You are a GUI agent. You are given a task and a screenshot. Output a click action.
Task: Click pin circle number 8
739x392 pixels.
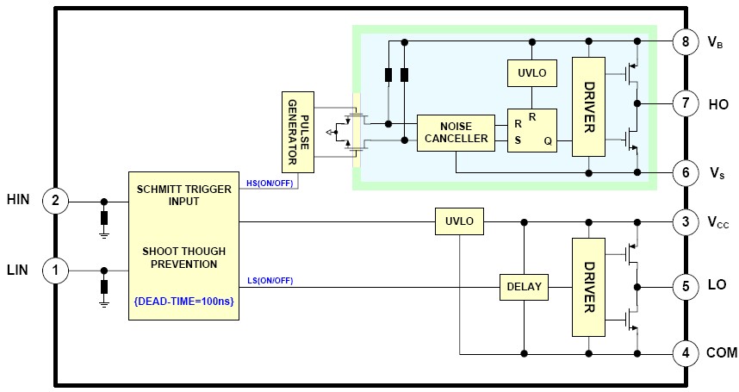686,41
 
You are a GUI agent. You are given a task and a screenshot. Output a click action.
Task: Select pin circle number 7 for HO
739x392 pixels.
686,104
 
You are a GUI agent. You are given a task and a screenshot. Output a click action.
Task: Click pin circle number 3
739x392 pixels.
686,222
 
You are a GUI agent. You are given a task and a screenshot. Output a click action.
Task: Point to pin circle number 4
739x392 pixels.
686,352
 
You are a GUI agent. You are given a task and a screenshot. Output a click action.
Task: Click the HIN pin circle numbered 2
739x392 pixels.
55,202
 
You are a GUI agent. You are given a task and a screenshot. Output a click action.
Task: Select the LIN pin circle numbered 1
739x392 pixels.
55,271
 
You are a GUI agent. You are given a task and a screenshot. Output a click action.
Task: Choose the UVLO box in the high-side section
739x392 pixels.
532,72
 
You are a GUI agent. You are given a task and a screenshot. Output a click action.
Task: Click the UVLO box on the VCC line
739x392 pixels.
459,222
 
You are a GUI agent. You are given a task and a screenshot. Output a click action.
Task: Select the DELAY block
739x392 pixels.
524,287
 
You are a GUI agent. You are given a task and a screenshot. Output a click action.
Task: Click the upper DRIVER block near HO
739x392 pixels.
589,108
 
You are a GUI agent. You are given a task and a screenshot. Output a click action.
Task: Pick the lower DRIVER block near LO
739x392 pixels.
589,287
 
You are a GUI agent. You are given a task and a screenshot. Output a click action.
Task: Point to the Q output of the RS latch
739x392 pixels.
548,140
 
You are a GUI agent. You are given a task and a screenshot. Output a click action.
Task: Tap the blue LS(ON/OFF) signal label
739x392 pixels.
270,280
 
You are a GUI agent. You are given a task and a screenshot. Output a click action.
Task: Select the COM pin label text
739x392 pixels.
722,352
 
